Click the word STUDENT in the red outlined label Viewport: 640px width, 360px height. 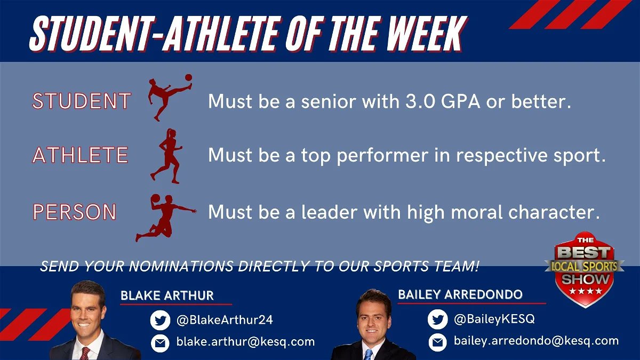tap(81, 101)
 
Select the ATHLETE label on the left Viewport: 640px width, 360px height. tap(80, 155)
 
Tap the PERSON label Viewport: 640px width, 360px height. tap(75, 212)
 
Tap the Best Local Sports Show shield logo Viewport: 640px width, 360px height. tap(584, 269)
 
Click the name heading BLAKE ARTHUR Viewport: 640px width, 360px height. tap(167, 295)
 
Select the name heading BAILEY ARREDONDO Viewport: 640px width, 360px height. tap(460, 294)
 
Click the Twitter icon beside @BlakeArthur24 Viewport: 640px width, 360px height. tap(160, 321)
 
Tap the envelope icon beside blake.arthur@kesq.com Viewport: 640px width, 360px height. tap(160, 343)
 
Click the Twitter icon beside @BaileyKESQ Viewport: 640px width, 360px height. tap(437, 319)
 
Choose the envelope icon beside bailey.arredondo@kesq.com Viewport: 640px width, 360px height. tap(437, 342)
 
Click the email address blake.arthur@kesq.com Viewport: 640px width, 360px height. tap(245, 342)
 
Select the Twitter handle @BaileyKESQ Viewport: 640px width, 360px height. tap(494, 319)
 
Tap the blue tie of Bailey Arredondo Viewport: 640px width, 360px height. tap(369, 354)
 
